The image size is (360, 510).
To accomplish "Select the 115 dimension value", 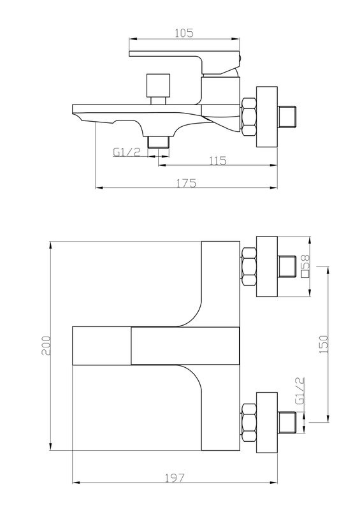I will [217, 161].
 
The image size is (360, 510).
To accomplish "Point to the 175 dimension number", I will [185, 183].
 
